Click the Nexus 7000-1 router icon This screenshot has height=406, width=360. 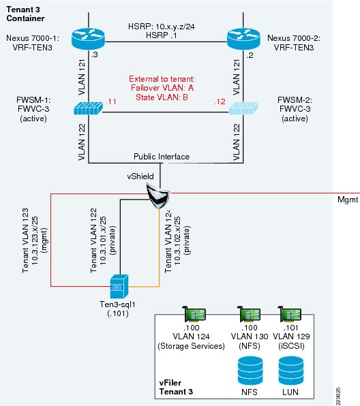pyautogui.click(x=88, y=39)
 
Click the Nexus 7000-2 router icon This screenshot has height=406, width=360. pyautogui.click(x=243, y=39)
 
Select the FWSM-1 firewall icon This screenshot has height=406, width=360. pyautogui.click(x=88, y=108)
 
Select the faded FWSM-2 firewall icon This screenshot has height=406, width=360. pyautogui.click(x=243, y=108)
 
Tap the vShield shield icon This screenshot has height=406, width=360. pyautogui.click(x=157, y=196)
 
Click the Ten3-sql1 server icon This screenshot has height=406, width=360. pyautogui.click(x=119, y=286)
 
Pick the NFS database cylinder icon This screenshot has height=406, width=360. pyautogui.click(x=250, y=371)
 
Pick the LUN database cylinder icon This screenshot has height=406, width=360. pyautogui.click(x=291, y=371)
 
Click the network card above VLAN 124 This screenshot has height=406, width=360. pyautogui.click(x=194, y=314)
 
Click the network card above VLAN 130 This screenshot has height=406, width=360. pyautogui.click(x=249, y=314)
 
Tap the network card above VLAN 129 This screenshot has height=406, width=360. pyautogui.click(x=289, y=314)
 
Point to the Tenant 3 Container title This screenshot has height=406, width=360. pyautogui.click(x=25, y=14)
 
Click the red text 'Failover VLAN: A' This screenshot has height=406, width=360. pyautogui.click(x=162, y=88)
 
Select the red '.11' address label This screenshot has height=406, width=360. pyautogui.click(x=111, y=101)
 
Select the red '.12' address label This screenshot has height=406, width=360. pyautogui.click(x=220, y=101)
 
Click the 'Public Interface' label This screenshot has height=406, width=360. pyautogui.click(x=162, y=157)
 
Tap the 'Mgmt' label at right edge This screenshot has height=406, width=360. pyautogui.click(x=348, y=200)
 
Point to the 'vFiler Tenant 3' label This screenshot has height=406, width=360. pyautogui.click(x=176, y=387)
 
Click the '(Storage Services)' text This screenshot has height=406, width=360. pyautogui.click(x=192, y=346)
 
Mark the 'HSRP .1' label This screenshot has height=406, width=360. pyautogui.click(x=162, y=35)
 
